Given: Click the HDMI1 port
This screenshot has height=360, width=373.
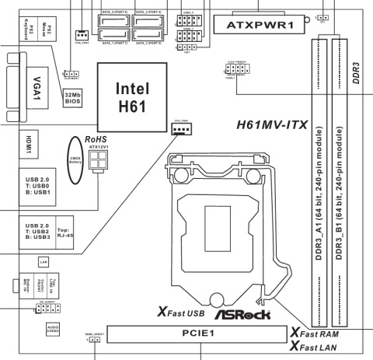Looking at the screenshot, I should [16, 147].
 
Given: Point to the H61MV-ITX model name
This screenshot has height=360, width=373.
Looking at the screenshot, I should [270, 124].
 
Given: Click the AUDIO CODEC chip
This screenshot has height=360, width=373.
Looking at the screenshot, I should [53, 329].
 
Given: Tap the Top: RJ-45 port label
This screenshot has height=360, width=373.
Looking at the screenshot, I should [67, 236].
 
